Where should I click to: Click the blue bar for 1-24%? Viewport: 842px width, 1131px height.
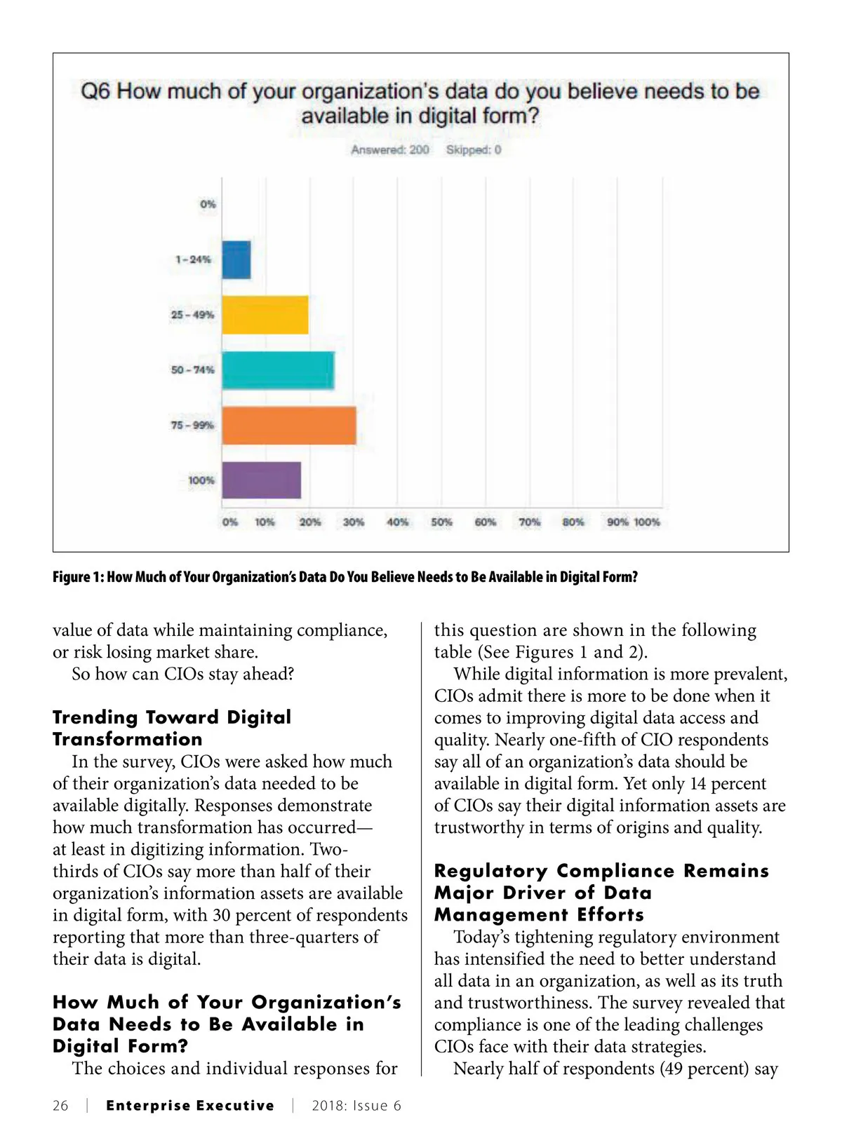click(x=236, y=259)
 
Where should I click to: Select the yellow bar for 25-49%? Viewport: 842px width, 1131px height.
click(x=265, y=315)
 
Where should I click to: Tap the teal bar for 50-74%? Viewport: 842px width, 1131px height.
click(x=278, y=370)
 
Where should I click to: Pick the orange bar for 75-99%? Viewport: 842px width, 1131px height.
click(x=289, y=425)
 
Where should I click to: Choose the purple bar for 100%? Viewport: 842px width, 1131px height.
click(x=262, y=480)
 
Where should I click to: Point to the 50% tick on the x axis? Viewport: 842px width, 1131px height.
click(x=441, y=522)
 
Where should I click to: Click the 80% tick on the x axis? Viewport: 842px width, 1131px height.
click(x=573, y=522)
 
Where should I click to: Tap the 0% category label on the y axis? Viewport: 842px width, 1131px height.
click(x=208, y=204)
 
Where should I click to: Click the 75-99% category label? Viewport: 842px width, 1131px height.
click(x=192, y=425)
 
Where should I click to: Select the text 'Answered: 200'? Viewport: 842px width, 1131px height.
click(x=390, y=149)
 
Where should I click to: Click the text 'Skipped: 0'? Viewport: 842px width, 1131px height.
click(x=474, y=149)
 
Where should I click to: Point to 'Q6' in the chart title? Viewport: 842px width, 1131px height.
click(x=96, y=91)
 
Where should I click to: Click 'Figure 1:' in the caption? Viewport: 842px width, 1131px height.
click(x=78, y=577)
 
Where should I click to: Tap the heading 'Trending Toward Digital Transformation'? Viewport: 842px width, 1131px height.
click(x=172, y=728)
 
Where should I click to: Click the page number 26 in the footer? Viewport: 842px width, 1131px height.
click(x=61, y=1106)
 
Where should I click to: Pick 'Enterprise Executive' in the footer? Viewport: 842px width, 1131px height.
click(x=190, y=1106)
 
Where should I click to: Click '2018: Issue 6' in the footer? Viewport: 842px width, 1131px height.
click(x=356, y=1106)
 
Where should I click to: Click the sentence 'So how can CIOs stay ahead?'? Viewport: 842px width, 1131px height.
click(x=182, y=674)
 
